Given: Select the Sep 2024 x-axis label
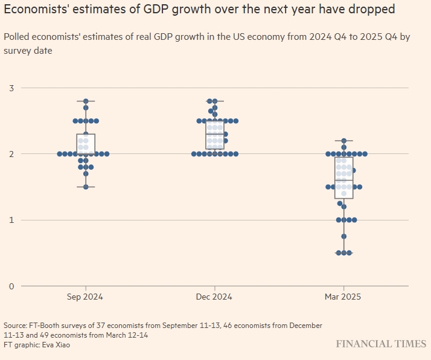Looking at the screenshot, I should tap(86, 297).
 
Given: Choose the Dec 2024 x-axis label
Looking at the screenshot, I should tap(214, 297).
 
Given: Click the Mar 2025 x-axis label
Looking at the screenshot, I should tap(343, 297).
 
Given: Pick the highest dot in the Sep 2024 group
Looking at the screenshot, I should tap(86, 101).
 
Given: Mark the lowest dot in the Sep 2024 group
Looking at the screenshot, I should tap(86, 187).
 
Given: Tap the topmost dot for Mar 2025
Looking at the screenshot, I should tap(343, 141).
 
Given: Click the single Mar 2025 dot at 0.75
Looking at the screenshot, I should tap(343, 236).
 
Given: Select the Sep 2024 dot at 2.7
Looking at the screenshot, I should tap(86, 108).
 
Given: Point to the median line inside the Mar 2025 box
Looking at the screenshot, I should tap(343, 181).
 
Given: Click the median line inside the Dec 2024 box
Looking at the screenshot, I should tap(214, 134).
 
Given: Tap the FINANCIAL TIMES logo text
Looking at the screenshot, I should tap(381, 344).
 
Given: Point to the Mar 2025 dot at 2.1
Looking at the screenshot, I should tap(343, 147).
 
